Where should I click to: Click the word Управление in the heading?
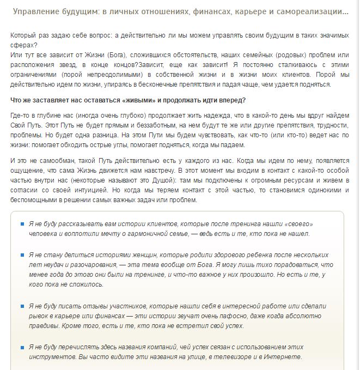[x=36, y=11]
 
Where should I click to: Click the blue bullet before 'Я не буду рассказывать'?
[x=22, y=223]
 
